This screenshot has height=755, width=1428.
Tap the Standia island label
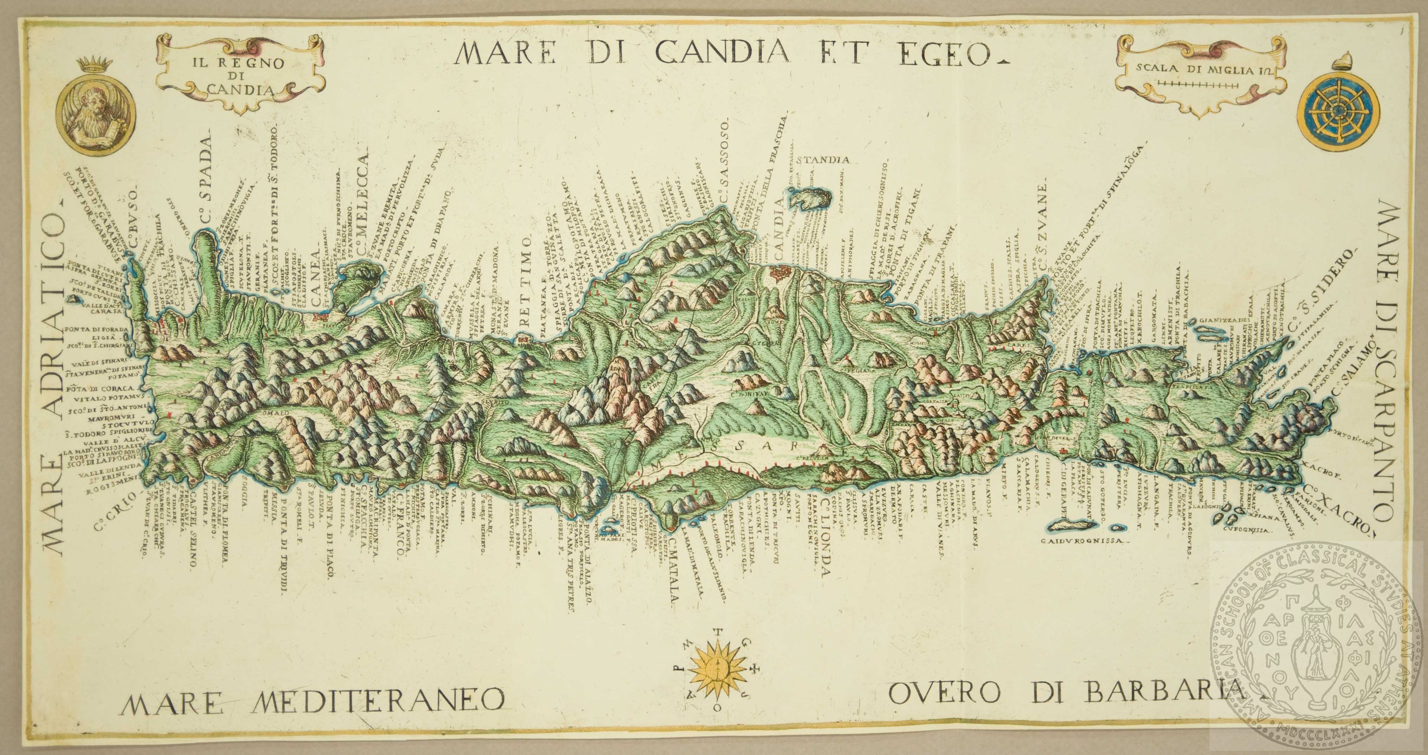tap(823, 161)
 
